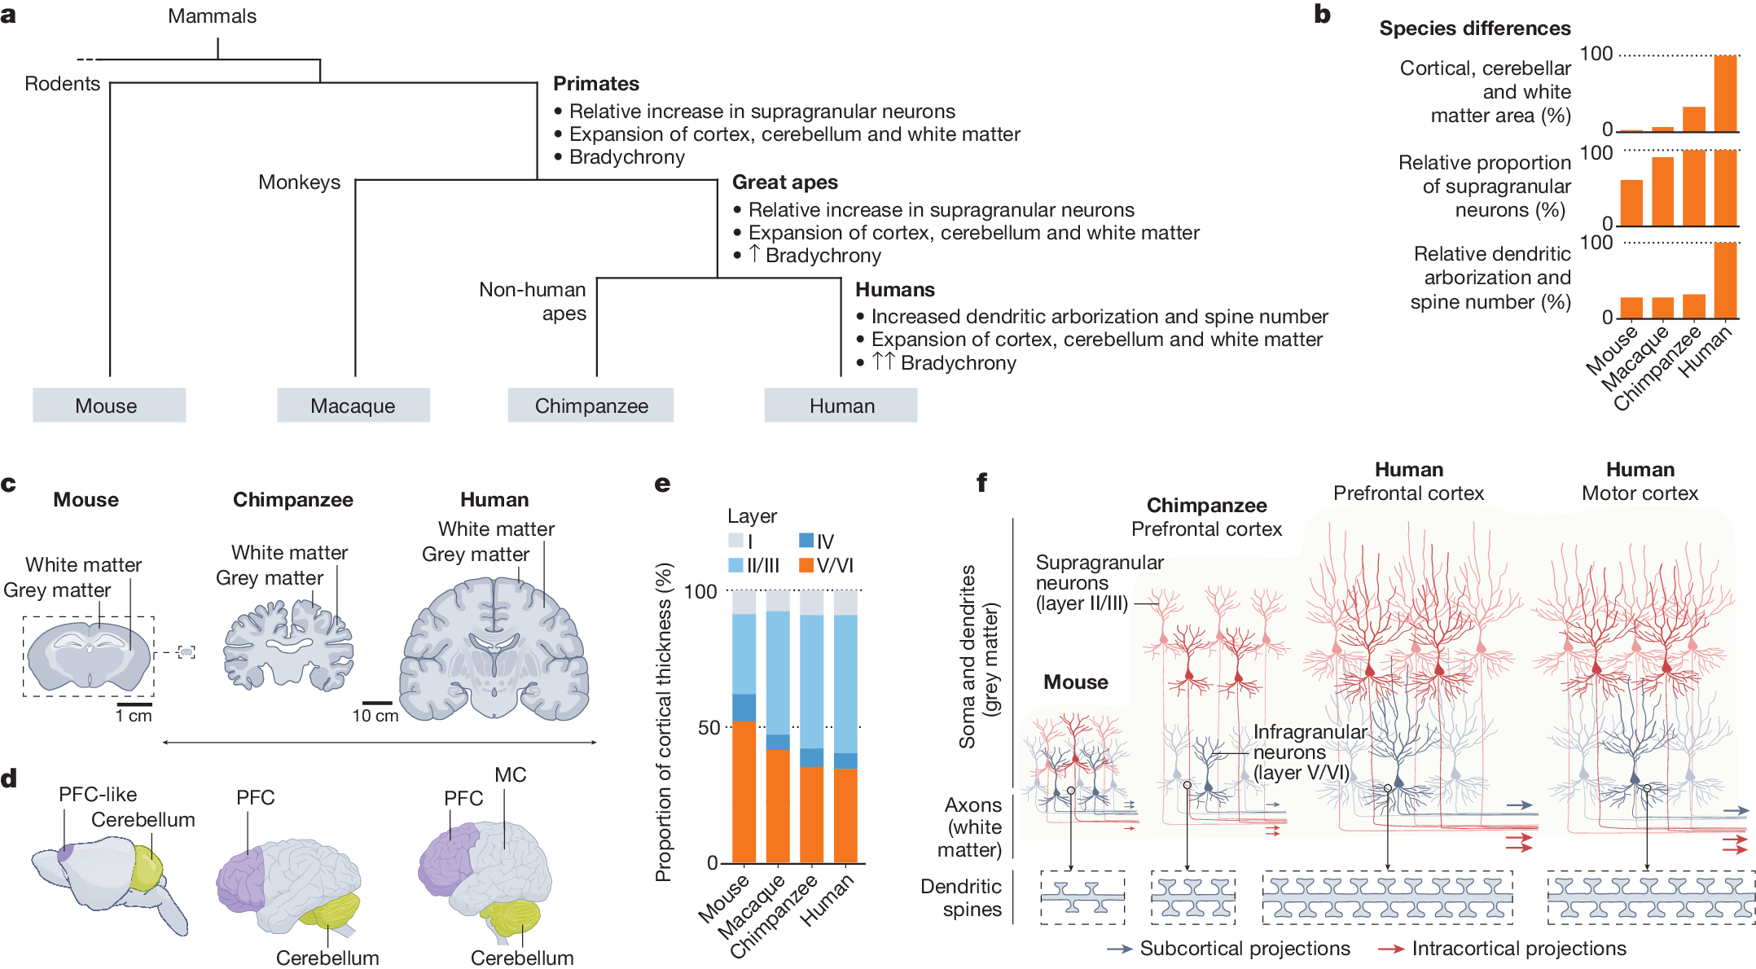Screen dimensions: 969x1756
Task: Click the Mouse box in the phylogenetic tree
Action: coord(109,406)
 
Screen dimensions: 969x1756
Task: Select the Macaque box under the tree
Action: coord(353,406)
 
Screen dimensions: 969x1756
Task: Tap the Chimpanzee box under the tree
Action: coord(590,406)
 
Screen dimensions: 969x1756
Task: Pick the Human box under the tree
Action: coord(841,406)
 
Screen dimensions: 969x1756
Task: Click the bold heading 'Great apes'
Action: coord(784,182)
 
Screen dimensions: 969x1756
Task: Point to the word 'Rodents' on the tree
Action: coord(62,84)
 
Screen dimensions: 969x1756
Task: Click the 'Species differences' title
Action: coord(1474,28)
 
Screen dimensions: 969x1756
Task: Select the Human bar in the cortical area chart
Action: coord(1725,93)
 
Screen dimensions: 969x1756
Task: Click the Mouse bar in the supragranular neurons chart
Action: coord(1631,203)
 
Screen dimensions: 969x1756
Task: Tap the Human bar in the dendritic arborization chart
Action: coord(1725,280)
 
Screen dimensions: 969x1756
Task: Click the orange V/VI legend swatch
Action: coord(806,565)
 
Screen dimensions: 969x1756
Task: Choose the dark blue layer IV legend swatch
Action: coord(806,541)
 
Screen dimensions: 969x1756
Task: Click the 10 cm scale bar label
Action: coord(375,716)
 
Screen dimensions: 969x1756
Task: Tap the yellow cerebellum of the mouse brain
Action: coord(147,868)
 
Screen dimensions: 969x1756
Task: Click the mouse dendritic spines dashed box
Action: coord(1082,897)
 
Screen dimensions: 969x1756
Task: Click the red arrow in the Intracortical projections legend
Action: coord(1391,949)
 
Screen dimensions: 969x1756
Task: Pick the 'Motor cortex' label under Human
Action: coord(1640,493)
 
